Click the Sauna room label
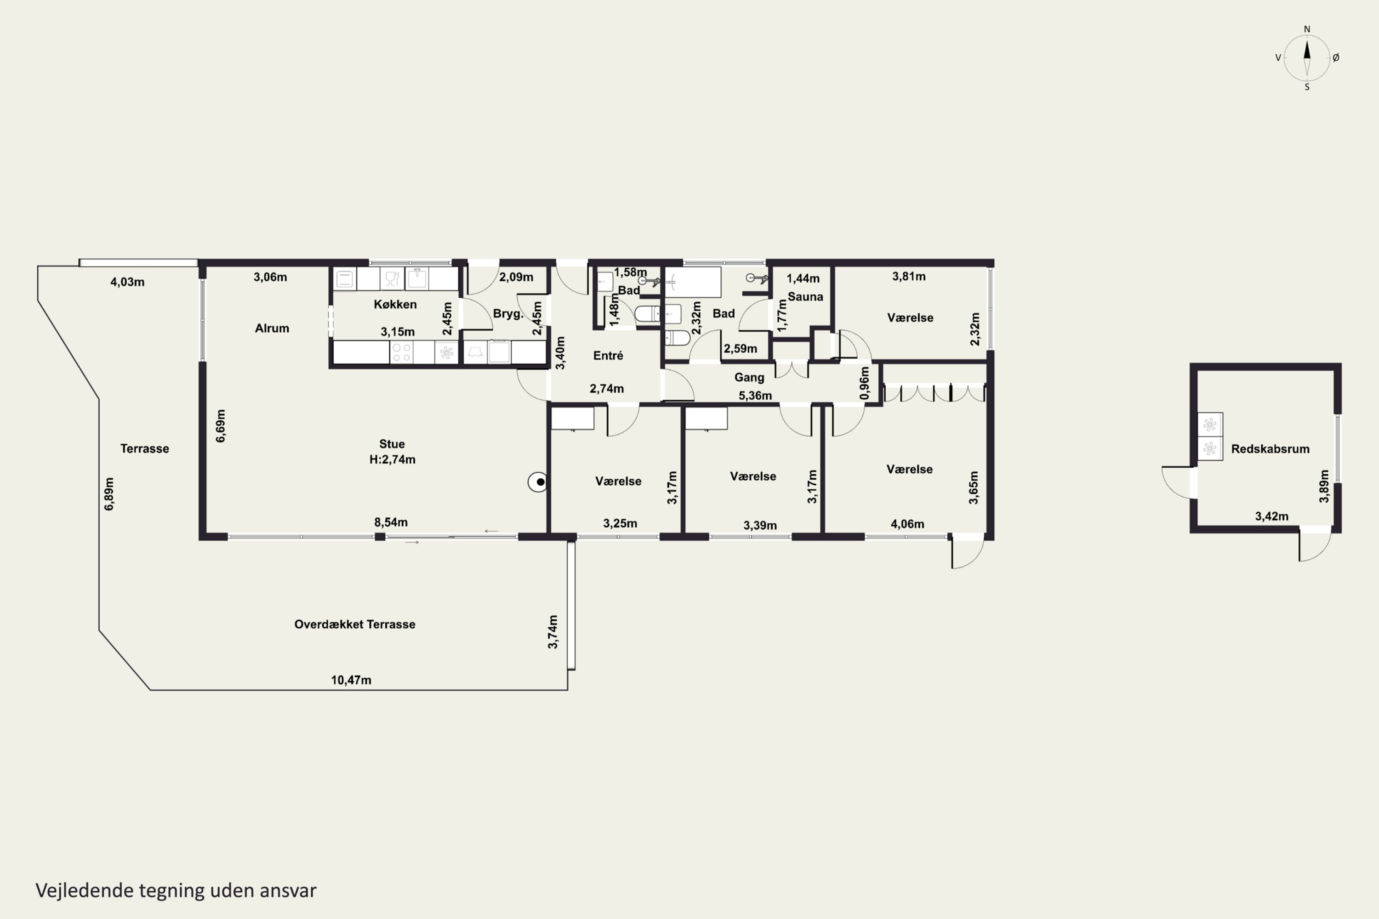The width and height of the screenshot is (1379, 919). (805, 296)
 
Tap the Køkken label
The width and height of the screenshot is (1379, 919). (395, 304)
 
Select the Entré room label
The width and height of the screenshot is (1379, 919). (608, 355)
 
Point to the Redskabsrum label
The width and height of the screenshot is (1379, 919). (1270, 449)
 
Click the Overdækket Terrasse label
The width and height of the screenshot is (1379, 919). (355, 624)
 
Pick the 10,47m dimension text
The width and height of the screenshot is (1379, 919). (351, 680)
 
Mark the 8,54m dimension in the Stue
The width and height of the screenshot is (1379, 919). (391, 522)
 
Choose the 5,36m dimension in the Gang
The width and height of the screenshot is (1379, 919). (755, 396)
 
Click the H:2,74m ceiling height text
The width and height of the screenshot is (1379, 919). (392, 459)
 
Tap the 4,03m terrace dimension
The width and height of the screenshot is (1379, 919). (127, 282)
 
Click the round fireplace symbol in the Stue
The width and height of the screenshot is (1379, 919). (538, 482)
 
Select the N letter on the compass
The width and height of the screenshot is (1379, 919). (1307, 29)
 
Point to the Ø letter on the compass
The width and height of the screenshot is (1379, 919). (1336, 57)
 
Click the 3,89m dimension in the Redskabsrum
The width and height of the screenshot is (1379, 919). (1324, 487)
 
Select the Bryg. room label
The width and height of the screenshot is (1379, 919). (508, 313)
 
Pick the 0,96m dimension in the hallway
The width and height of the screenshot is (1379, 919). (865, 383)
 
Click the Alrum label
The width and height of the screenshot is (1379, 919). (272, 328)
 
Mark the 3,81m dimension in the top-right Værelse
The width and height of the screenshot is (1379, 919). (909, 276)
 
